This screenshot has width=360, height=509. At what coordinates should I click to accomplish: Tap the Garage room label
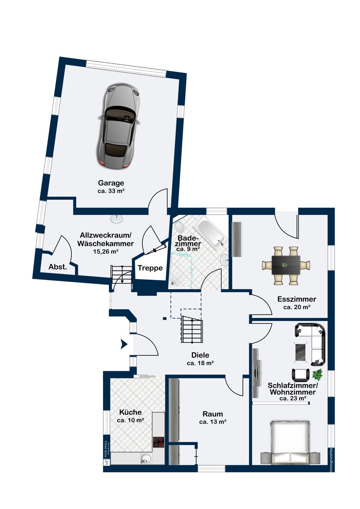(x=111, y=183)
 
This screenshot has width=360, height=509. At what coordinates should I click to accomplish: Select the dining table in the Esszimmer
(x=286, y=265)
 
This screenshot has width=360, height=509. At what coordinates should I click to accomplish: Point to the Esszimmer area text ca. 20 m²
(x=297, y=307)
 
